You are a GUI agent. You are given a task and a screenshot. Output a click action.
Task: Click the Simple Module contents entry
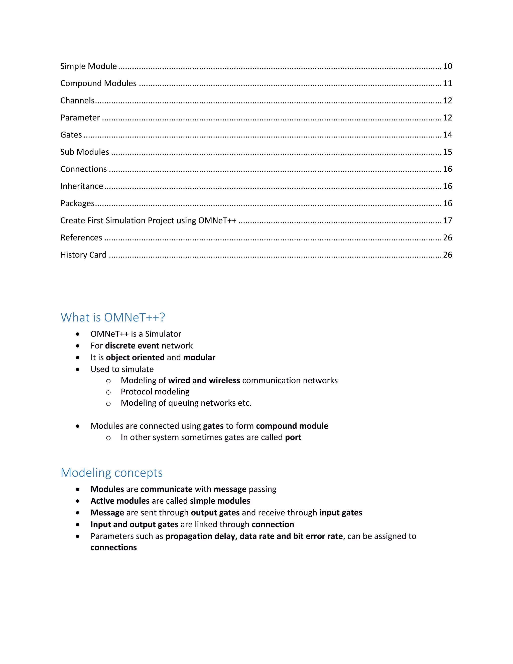(88, 66)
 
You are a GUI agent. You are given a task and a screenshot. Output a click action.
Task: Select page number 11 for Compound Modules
(447, 83)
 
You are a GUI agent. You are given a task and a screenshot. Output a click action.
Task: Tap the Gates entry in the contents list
(71, 135)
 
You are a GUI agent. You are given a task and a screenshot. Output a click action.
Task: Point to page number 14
(447, 135)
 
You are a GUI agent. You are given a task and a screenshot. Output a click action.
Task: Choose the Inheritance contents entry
(81, 186)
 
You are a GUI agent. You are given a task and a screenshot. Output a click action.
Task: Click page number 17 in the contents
(447, 220)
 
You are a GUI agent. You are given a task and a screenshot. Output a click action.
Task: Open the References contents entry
(81, 238)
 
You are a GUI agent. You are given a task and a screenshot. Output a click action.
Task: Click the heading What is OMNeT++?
(113, 317)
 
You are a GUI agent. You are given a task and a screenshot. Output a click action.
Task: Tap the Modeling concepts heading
(111, 473)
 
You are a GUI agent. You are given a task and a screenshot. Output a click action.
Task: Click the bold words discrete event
(132, 346)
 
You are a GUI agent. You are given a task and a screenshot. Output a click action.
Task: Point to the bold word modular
(199, 358)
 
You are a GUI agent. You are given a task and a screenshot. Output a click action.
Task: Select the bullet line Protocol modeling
(155, 392)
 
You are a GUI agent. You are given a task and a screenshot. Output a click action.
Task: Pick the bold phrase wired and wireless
(204, 380)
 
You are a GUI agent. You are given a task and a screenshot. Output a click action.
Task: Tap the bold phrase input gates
(341, 513)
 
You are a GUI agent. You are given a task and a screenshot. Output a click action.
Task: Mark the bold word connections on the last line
(114, 547)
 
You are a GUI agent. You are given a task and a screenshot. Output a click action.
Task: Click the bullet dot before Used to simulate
(78, 369)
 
